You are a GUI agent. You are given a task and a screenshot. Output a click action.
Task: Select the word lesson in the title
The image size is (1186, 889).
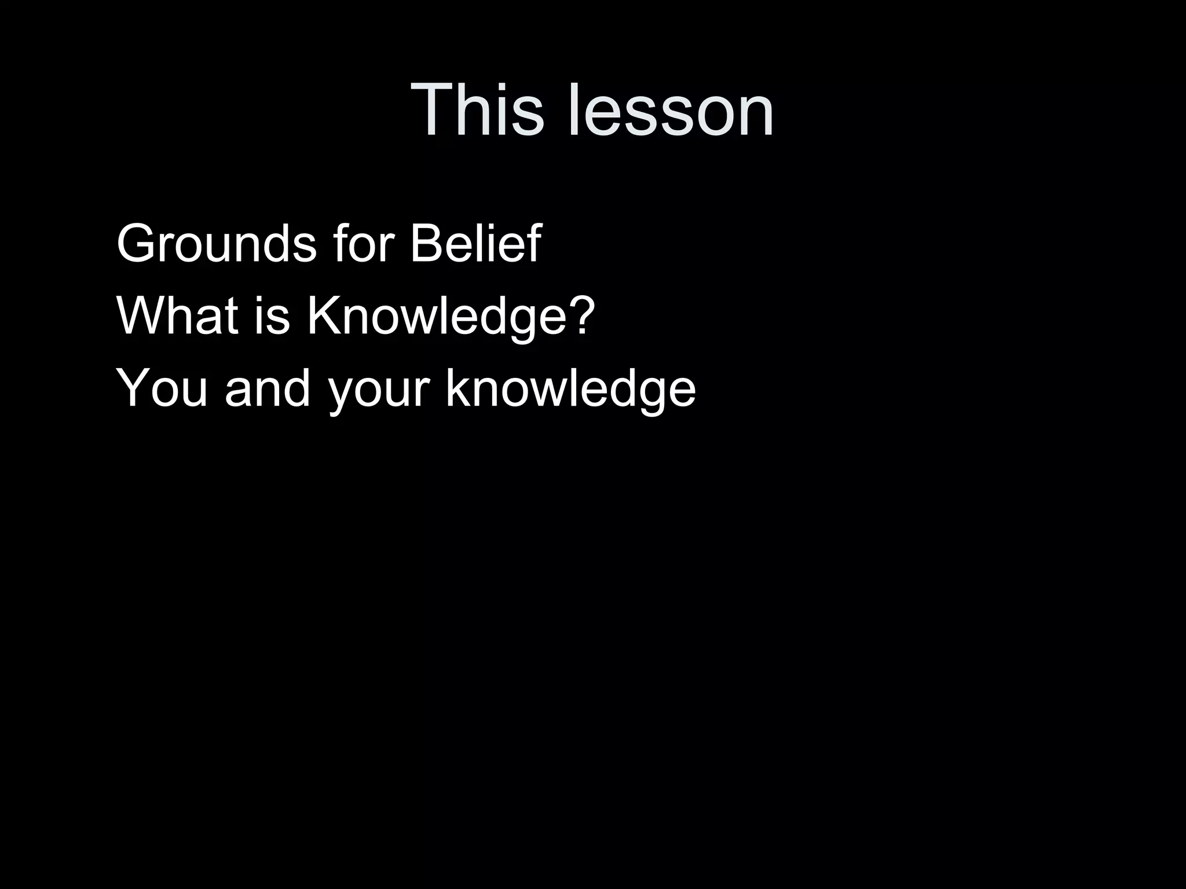coord(671,110)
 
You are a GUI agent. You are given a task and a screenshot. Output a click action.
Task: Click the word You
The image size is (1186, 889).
coord(162,388)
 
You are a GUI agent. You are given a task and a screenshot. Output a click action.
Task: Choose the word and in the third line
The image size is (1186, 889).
coord(268,388)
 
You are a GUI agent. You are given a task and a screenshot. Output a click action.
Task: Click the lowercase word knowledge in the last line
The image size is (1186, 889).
coord(570,388)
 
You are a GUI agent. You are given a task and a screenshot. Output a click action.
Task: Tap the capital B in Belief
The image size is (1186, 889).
coord(426,244)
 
